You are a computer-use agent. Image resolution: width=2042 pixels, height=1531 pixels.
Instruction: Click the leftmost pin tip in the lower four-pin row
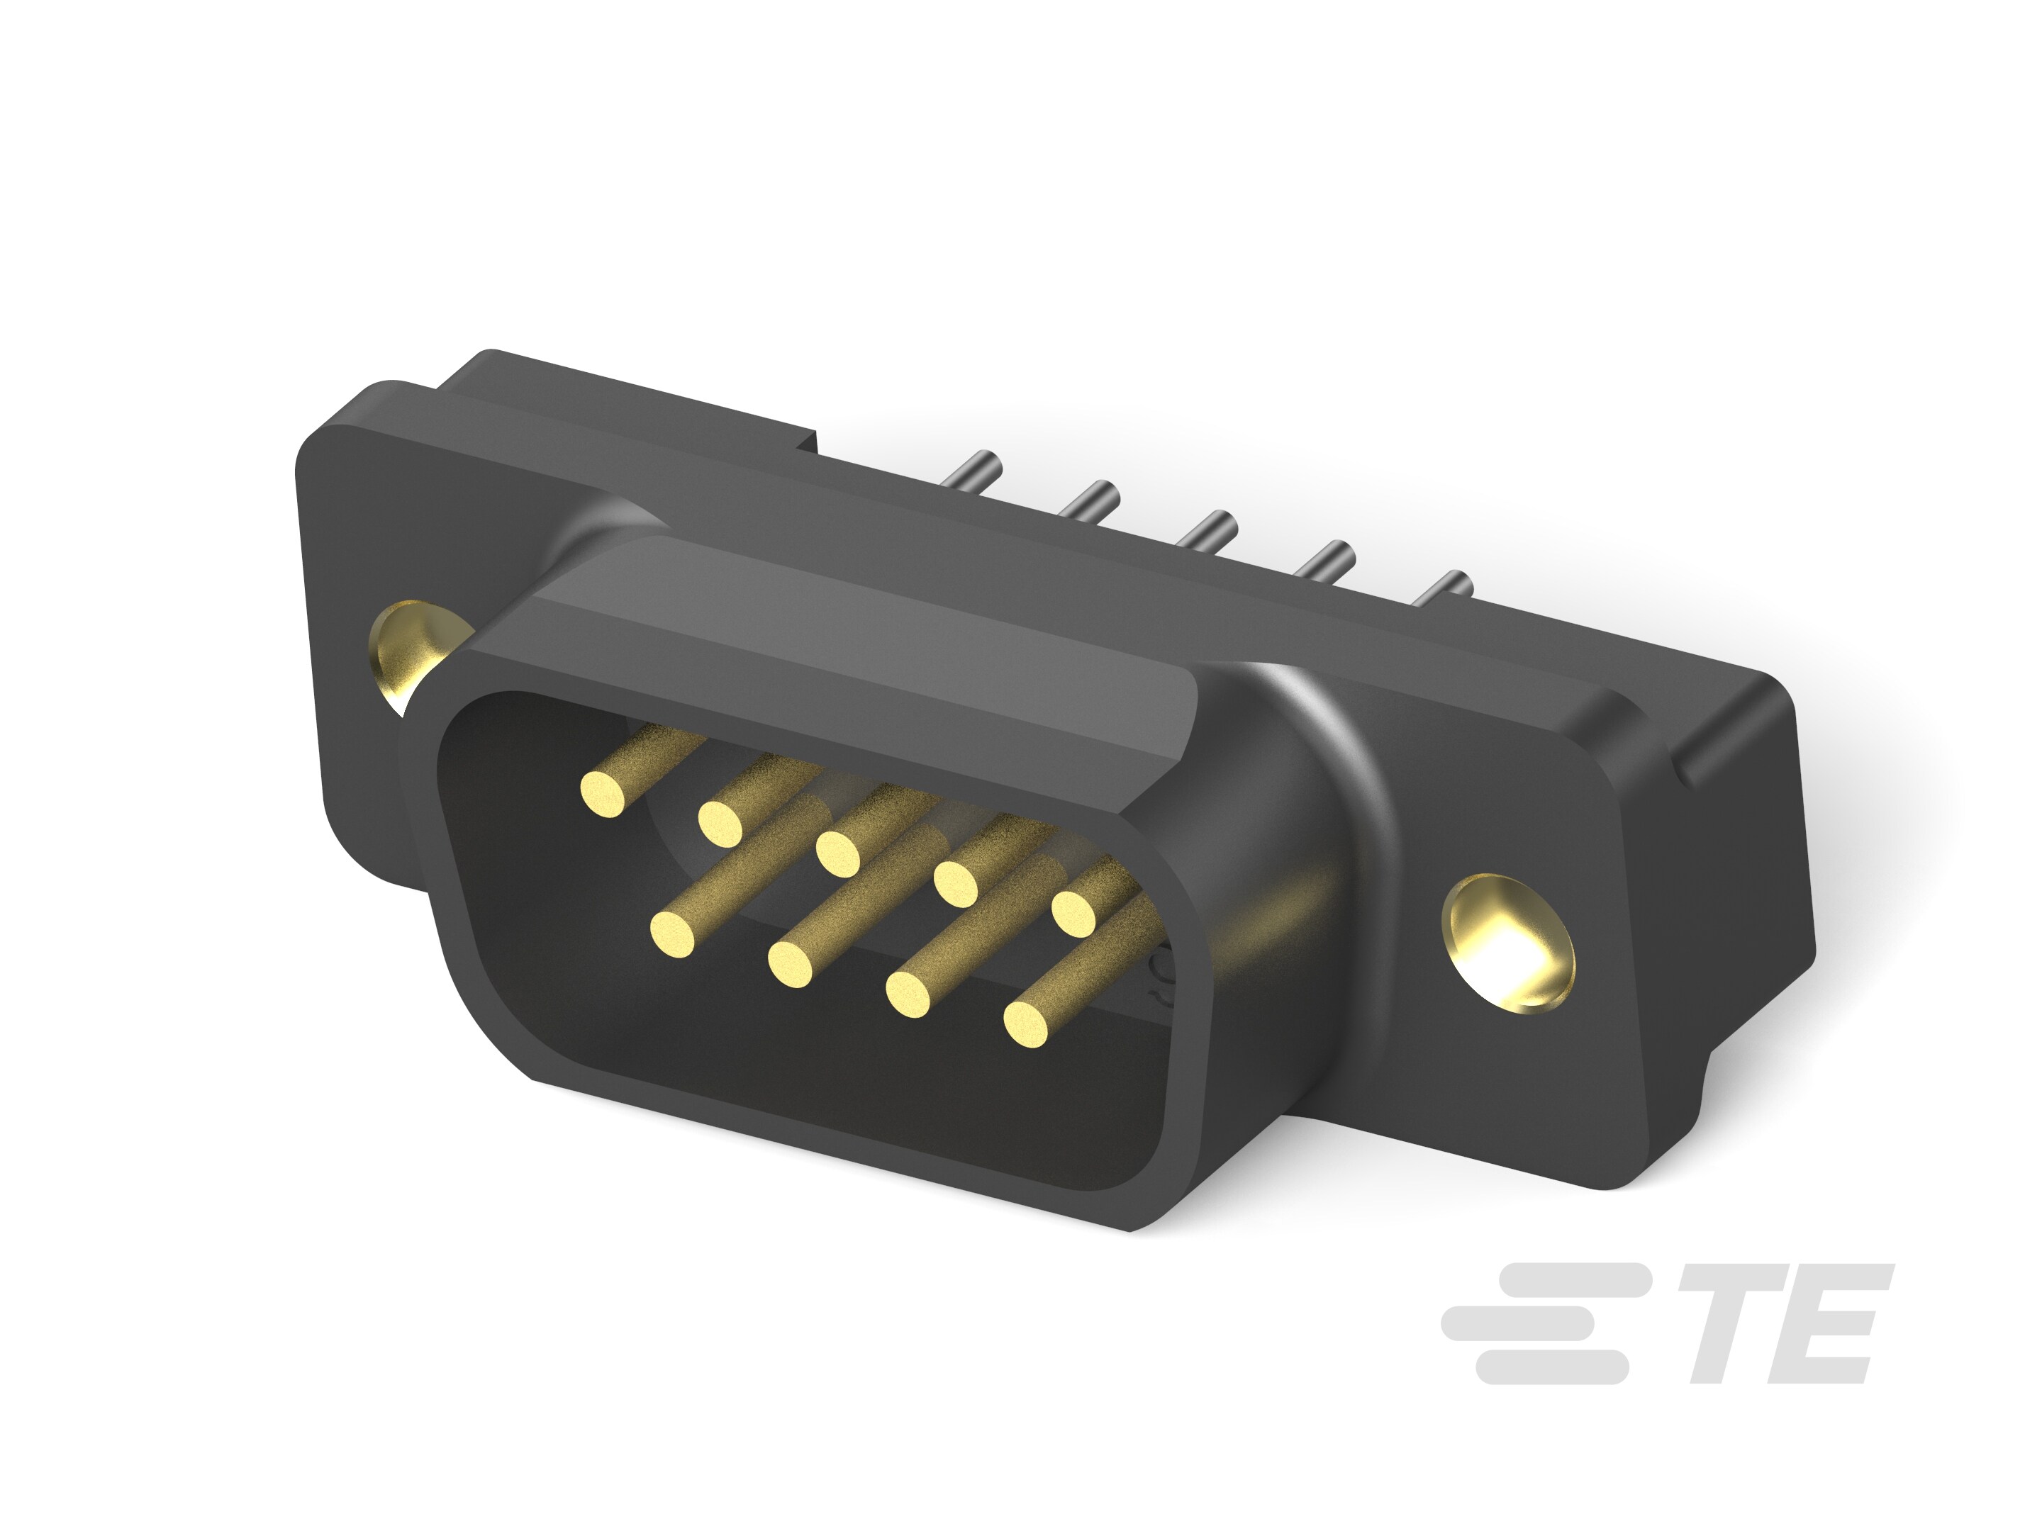pos(673,933)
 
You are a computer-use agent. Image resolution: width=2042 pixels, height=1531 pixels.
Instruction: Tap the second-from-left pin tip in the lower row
pos(791,965)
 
